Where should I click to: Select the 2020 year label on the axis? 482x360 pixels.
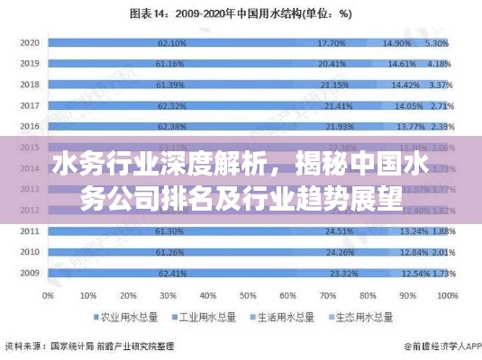tap(30, 42)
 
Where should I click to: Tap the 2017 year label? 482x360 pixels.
tap(30, 105)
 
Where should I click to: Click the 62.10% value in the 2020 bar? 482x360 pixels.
tap(171, 42)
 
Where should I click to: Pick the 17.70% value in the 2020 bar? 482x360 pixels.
tap(332, 42)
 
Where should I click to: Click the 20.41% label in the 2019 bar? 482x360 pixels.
tap(332, 64)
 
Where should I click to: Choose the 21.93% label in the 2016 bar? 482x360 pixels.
tap(339, 126)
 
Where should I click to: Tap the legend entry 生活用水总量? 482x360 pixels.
tap(285, 318)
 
